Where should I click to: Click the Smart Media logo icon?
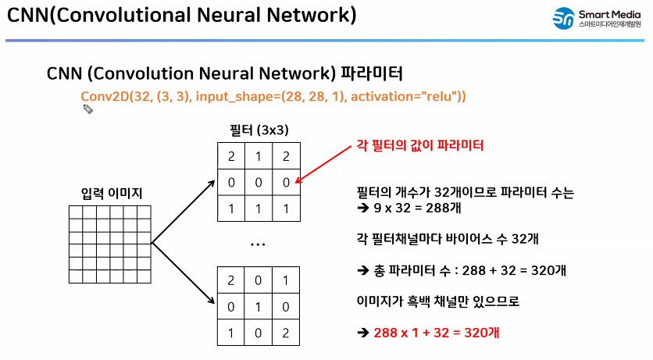pyautogui.click(x=562, y=18)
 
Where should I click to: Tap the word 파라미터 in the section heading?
pyautogui.click(x=373, y=74)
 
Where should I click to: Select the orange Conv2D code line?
pyautogui.click(x=273, y=96)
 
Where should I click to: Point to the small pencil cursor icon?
pyautogui.click(x=88, y=109)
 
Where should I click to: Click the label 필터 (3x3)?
pyautogui.click(x=259, y=129)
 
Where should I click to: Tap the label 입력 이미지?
pyautogui.click(x=112, y=192)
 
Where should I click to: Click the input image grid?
pyautogui.click(x=112, y=244)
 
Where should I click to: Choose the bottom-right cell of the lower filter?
pyautogui.click(x=287, y=332)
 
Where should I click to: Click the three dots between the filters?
pyautogui.click(x=259, y=244)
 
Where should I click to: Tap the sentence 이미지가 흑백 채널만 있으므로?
pyautogui.click(x=437, y=301)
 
